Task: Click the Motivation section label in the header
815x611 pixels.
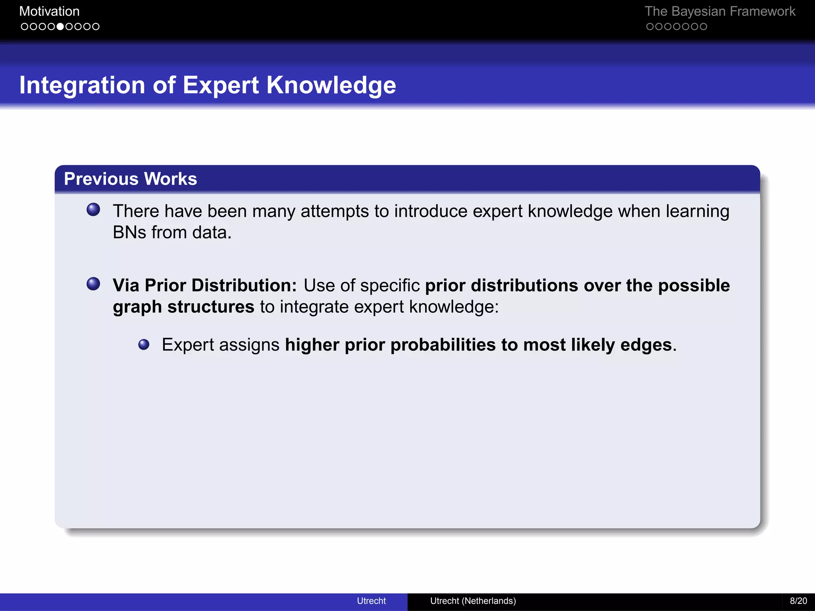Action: pyautogui.click(x=49, y=12)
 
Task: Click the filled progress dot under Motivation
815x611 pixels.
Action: pyautogui.click(x=60, y=27)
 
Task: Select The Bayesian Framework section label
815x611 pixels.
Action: pyautogui.click(x=719, y=12)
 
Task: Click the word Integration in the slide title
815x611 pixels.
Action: pyautogui.click(x=82, y=85)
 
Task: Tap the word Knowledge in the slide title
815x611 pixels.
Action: pyautogui.click(x=331, y=85)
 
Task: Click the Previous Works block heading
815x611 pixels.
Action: pyautogui.click(x=131, y=179)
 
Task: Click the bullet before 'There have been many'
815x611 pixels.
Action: pyautogui.click(x=94, y=210)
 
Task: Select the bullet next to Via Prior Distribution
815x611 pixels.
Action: pyautogui.click(x=94, y=284)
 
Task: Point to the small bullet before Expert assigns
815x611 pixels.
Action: pyautogui.click(x=144, y=344)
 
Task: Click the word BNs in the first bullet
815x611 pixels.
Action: pyautogui.click(x=129, y=232)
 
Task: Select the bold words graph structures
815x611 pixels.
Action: pyautogui.click(x=183, y=307)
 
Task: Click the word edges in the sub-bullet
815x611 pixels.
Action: pyautogui.click(x=646, y=345)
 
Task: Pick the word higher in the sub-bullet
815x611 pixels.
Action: pyautogui.click(x=312, y=345)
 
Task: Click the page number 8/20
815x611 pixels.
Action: pyautogui.click(x=798, y=601)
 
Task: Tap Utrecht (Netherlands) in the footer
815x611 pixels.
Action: pyautogui.click(x=473, y=601)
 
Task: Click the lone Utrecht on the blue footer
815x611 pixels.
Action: pyautogui.click(x=371, y=601)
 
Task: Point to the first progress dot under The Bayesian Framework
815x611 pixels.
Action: pyautogui.click(x=650, y=27)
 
